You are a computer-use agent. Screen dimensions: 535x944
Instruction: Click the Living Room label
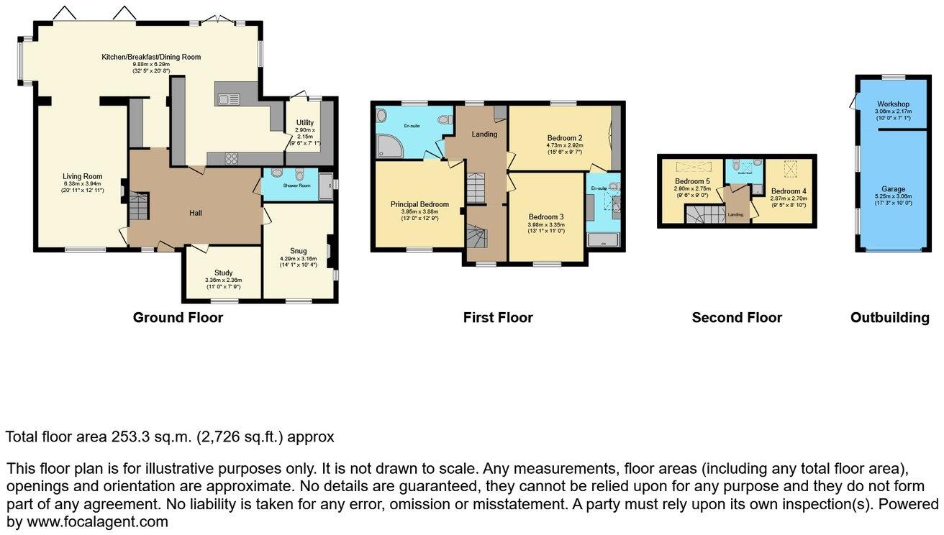[x=82, y=176]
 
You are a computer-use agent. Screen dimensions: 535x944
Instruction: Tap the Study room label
[x=223, y=273]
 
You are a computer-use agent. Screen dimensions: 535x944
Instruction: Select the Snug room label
[x=299, y=251]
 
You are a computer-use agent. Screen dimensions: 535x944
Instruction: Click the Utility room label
[x=304, y=123]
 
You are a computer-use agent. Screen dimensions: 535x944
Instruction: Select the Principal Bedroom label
[x=419, y=204]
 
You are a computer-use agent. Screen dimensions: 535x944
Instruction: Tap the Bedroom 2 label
[x=565, y=137]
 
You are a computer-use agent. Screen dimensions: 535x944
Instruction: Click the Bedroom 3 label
[x=546, y=216]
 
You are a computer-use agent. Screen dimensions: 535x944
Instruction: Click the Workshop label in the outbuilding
[x=892, y=104]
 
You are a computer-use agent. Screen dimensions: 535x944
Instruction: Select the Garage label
[x=893, y=190]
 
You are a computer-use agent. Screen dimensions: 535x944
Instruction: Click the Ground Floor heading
[x=178, y=317]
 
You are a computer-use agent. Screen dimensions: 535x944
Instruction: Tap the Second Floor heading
[x=736, y=317]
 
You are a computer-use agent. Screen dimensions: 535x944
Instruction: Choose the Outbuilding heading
[x=889, y=317]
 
